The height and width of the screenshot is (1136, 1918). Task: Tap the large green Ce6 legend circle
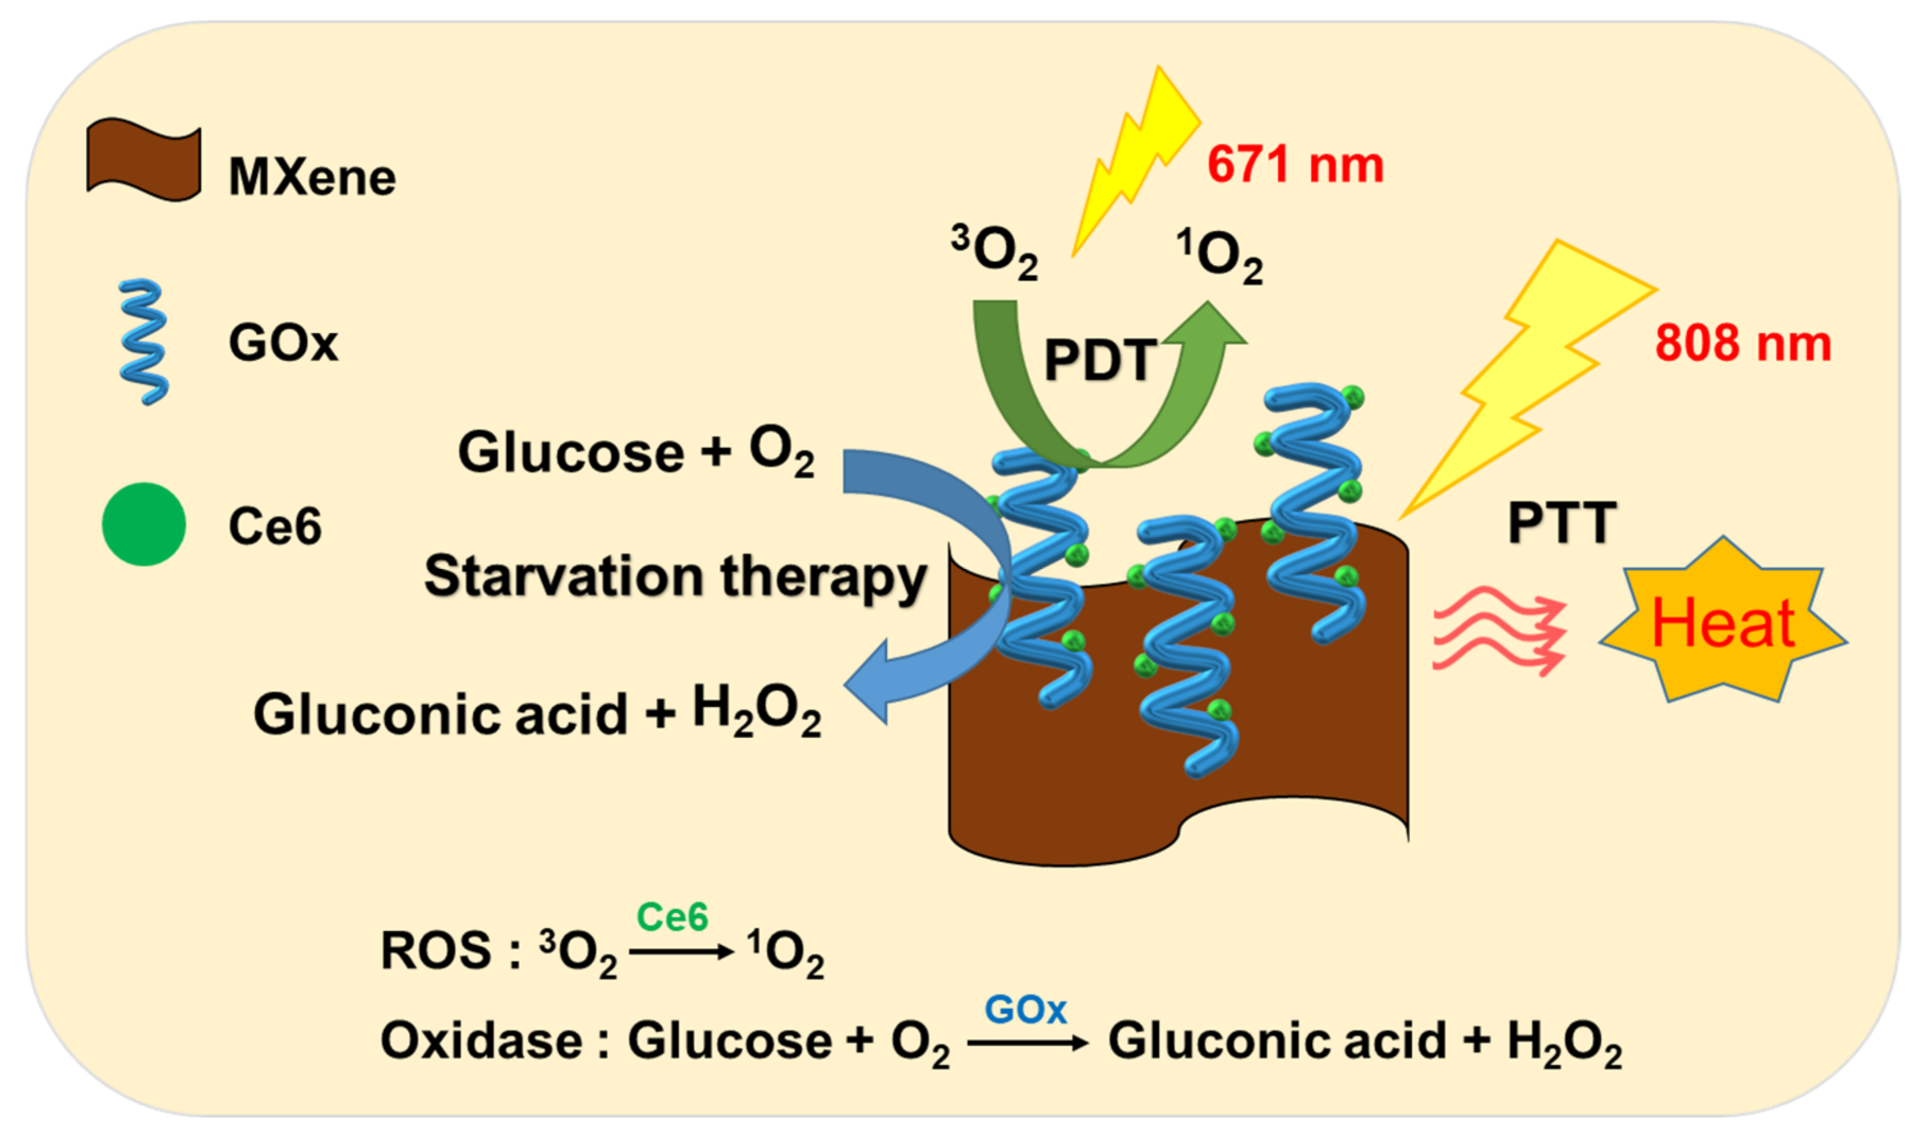[144, 524]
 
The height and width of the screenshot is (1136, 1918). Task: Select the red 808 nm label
[1742, 343]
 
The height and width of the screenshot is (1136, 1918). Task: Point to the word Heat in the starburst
[1722, 624]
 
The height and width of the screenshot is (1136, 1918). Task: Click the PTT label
[1562, 524]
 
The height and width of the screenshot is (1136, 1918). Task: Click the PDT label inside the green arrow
[1099, 360]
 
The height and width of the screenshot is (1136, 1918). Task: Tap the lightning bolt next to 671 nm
[1133, 161]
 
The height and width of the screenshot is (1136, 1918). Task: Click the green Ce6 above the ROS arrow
[673, 917]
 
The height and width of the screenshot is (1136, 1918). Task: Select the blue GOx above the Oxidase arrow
[1025, 1009]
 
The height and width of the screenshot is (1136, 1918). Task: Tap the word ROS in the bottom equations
[436, 951]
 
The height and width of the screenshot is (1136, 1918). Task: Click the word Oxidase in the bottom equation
[482, 1041]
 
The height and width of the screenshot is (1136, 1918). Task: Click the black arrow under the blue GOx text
[1027, 1043]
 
